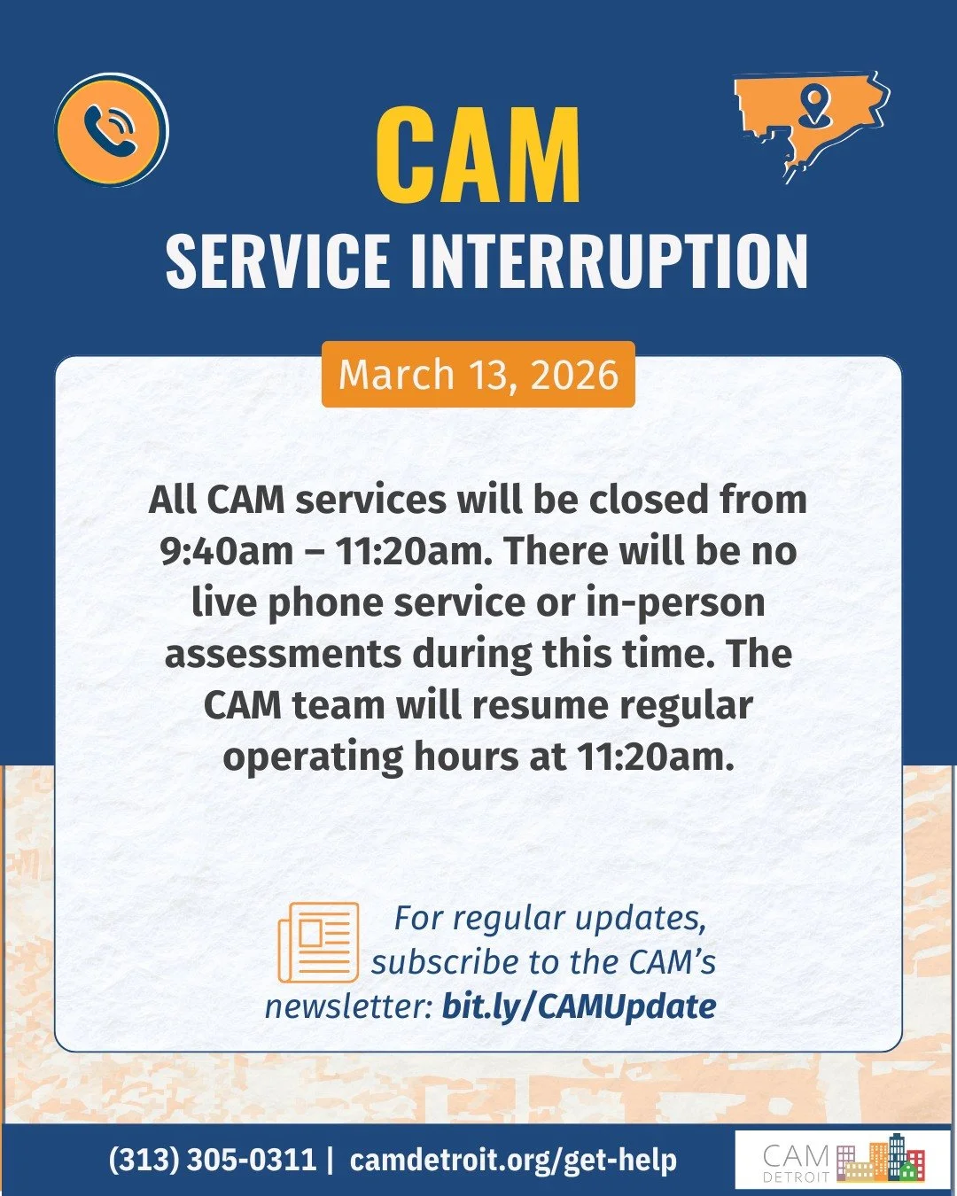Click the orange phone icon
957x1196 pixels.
click(111, 130)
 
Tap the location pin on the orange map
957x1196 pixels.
click(814, 104)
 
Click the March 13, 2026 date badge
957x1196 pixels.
click(478, 375)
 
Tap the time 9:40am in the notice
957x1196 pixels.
click(227, 551)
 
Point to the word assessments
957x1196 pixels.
click(283, 654)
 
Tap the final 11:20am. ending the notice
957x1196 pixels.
click(656, 757)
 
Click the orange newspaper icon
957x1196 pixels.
click(319, 942)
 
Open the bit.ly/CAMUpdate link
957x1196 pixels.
click(579, 1006)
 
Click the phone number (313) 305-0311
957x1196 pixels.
click(212, 1160)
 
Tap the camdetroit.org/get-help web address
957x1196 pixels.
click(513, 1160)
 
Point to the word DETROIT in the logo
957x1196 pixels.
click(796, 1177)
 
